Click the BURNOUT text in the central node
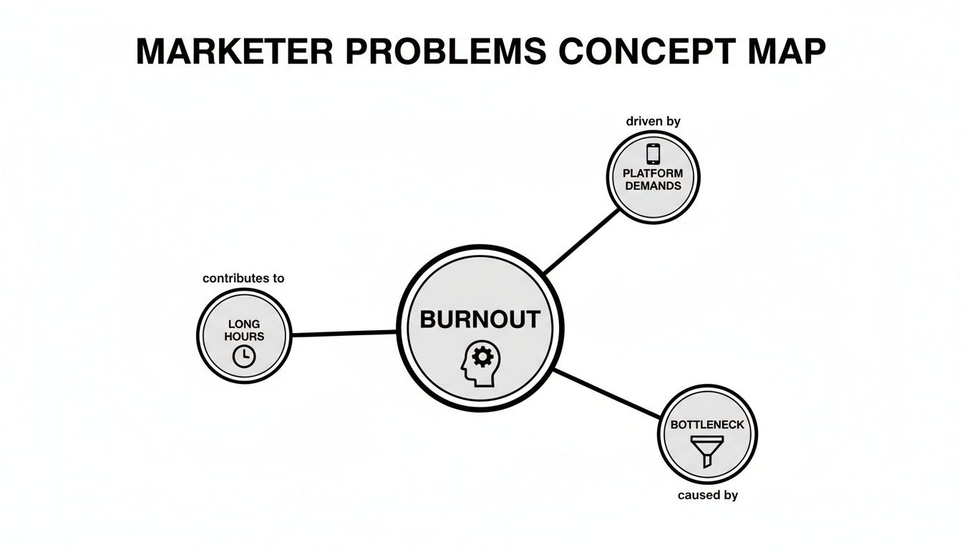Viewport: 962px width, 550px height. pos(480,319)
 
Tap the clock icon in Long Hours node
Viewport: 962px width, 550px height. pos(244,355)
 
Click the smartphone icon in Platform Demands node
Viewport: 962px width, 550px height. pos(653,154)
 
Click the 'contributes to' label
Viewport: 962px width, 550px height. pos(243,278)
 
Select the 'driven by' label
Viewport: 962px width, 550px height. pos(653,121)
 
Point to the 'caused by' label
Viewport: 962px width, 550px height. pos(707,495)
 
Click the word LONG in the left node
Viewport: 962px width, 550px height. pos(244,324)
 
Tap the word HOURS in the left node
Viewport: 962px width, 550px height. pos(244,337)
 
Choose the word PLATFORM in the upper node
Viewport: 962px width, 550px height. pos(653,173)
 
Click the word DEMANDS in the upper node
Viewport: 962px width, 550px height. pos(653,185)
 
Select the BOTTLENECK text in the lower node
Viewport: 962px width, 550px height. pos(707,425)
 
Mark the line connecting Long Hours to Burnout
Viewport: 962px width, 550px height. pos(344,333)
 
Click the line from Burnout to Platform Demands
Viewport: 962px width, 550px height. pos(581,241)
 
